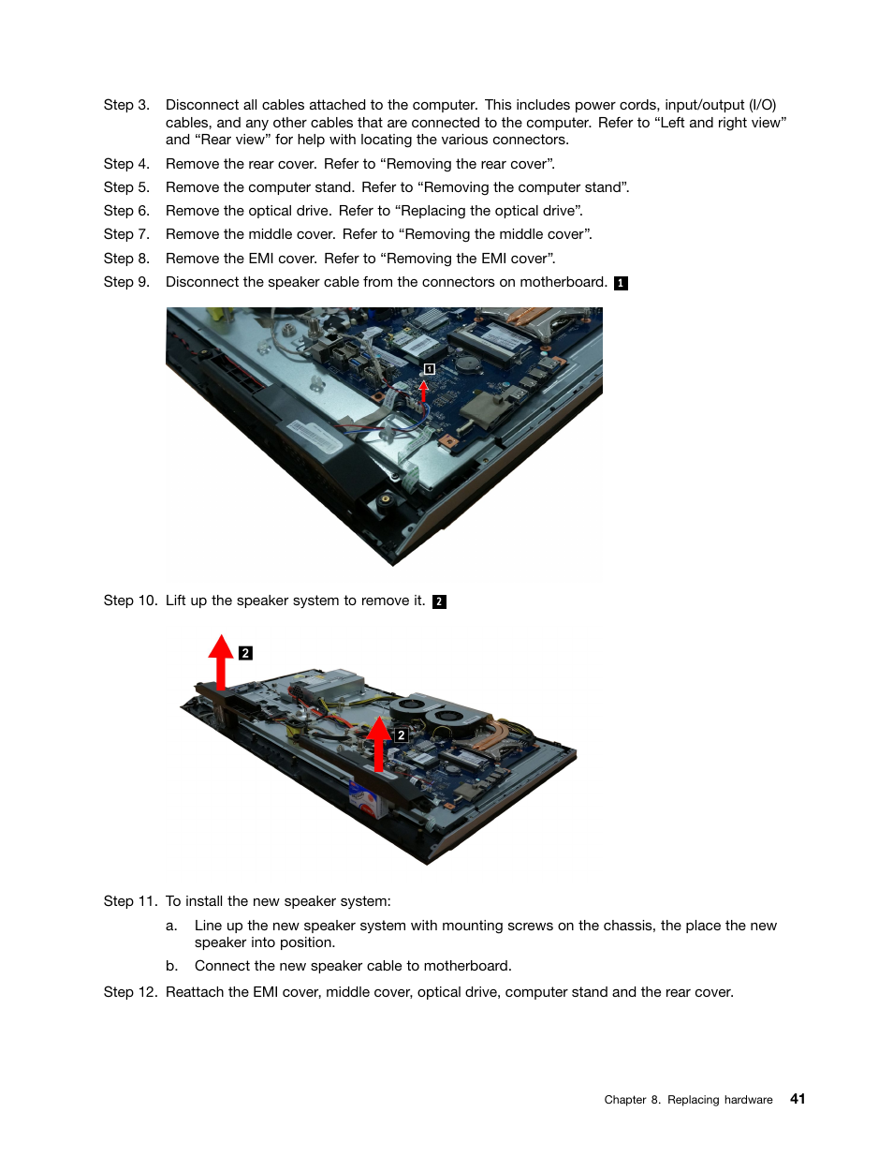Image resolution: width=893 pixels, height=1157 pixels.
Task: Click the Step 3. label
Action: click(x=126, y=105)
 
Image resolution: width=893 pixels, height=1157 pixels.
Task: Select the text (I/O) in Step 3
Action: click(x=762, y=105)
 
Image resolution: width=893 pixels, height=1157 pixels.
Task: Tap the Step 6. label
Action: click(x=126, y=211)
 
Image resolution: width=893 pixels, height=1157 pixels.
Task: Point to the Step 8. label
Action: click(x=126, y=259)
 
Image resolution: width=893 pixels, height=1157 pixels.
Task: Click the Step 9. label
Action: click(x=126, y=282)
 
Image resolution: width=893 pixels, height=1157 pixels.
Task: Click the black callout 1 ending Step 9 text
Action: click(x=621, y=283)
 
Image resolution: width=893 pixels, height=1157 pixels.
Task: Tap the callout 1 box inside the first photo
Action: click(x=429, y=369)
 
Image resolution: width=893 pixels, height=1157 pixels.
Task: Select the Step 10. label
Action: click(x=130, y=601)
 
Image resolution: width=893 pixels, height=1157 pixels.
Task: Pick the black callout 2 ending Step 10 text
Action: click(x=439, y=601)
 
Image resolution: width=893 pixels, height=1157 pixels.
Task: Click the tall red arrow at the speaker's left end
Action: click(x=221, y=661)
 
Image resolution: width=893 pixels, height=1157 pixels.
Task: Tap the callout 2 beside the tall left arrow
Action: click(x=245, y=653)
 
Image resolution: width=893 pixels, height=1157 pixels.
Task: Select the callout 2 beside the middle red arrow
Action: click(x=401, y=735)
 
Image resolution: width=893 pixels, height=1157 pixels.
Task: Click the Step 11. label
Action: click(x=130, y=901)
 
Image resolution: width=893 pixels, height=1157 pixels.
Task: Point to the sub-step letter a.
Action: click(x=171, y=926)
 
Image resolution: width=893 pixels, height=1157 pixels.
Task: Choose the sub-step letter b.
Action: click(x=171, y=966)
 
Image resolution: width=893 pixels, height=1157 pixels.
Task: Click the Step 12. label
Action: click(x=130, y=992)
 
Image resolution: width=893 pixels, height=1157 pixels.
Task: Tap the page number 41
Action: click(x=798, y=1099)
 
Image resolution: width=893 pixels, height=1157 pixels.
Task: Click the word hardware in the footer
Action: click(x=748, y=1100)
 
